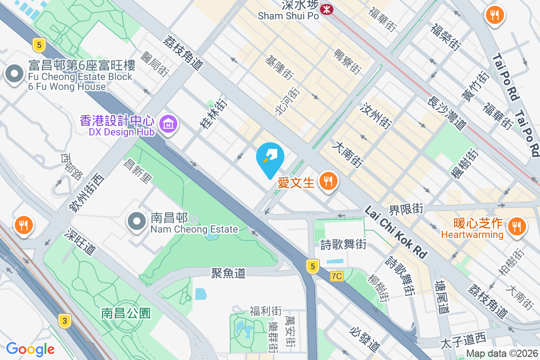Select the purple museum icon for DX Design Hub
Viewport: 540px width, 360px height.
(x=169, y=122)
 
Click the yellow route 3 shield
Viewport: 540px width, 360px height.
(x=65, y=321)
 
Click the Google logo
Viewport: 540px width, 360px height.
(x=30, y=349)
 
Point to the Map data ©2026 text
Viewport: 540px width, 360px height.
(x=502, y=354)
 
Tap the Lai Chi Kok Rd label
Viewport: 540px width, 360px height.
(x=396, y=232)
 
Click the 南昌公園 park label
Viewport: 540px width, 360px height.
(x=126, y=313)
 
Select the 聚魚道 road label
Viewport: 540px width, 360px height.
(x=229, y=273)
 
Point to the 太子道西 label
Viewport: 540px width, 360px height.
(x=463, y=338)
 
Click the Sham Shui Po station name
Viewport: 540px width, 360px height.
(x=288, y=16)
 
